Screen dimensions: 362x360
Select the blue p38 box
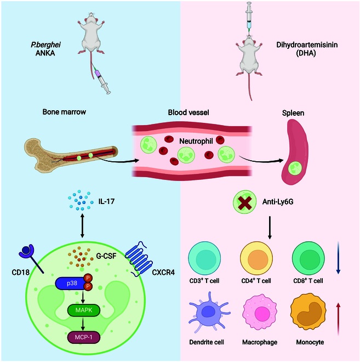[73, 283]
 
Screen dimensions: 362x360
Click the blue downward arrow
[339, 258]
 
